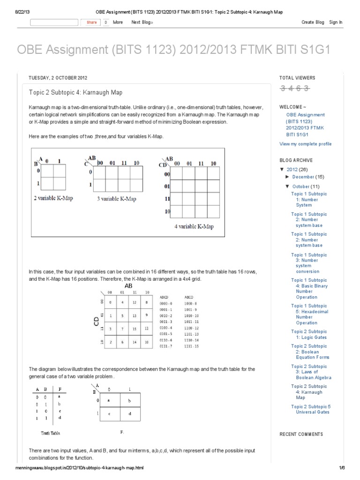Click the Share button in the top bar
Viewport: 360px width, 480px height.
(x=91, y=22)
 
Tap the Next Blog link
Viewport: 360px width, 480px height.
(x=142, y=22)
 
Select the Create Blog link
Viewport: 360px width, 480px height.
(x=313, y=22)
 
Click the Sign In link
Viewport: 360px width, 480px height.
(x=336, y=22)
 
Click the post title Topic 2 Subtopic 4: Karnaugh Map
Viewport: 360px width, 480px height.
(x=76, y=92)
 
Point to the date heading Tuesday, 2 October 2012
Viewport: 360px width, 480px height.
(x=58, y=78)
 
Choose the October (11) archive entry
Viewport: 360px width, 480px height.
(x=306, y=186)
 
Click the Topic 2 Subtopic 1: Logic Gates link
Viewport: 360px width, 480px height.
(x=309, y=334)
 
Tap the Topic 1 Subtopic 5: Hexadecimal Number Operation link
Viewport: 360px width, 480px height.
(x=309, y=314)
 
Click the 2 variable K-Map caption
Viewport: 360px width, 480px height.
(x=53, y=198)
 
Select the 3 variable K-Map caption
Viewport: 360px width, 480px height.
(x=117, y=199)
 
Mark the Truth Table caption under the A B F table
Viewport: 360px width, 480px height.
(x=50, y=433)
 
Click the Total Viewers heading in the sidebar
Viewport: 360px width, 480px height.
(x=297, y=78)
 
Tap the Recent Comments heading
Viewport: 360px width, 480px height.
(x=301, y=434)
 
